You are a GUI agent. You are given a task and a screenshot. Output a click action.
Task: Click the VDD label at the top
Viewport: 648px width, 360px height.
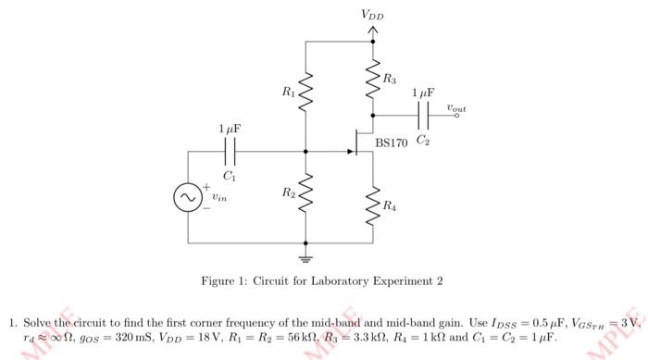373,15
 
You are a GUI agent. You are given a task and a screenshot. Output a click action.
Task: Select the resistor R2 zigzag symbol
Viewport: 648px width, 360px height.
307,193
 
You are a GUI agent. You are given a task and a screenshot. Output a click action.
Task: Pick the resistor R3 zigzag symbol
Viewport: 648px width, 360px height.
373,77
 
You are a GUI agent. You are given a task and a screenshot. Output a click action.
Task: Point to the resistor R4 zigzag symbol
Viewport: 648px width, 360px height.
373,205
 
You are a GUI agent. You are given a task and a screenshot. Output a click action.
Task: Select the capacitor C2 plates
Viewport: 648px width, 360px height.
423,116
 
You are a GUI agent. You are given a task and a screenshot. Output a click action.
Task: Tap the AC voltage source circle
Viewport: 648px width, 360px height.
188,196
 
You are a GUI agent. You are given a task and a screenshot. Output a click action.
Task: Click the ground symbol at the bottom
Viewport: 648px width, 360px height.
307,251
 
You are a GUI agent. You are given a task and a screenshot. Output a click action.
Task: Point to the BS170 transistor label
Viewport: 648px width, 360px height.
392,143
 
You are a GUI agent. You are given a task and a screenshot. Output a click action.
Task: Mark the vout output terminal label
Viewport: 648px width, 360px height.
455,108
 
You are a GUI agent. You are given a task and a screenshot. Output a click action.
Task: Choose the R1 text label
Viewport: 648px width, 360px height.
289,92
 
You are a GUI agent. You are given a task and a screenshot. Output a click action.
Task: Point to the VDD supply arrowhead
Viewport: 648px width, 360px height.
373,31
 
